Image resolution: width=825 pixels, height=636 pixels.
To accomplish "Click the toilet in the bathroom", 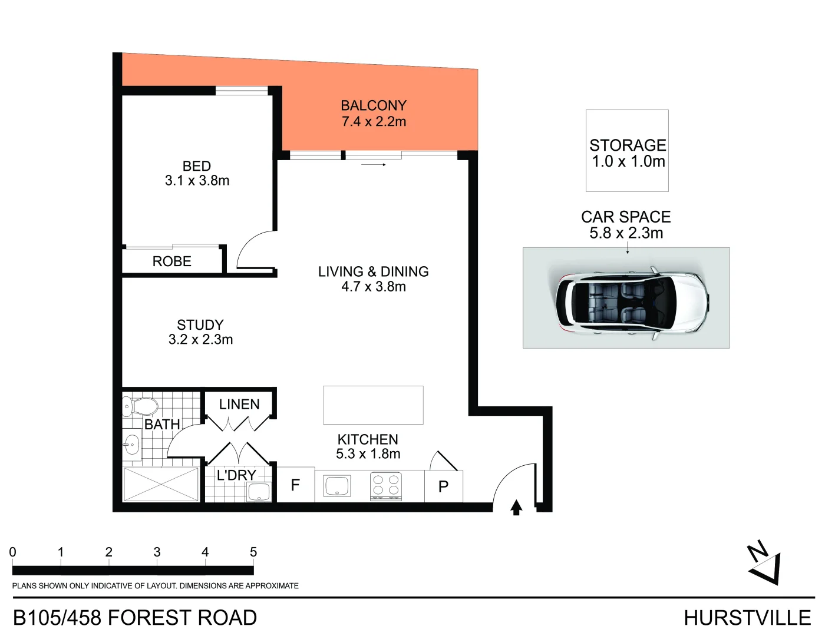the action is click(140, 407).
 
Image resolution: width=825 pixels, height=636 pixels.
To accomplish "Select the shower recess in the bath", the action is click(161, 484).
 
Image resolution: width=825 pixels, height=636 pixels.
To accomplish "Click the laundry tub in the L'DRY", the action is click(259, 492).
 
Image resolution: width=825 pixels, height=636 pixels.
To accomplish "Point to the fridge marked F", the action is click(296, 485).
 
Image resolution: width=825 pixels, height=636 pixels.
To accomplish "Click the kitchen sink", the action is click(336, 485).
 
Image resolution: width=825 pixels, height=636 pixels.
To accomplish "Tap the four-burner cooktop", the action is click(386, 486).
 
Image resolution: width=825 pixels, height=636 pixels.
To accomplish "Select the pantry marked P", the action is click(444, 486).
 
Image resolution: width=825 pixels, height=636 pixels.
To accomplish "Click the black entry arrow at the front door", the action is click(516, 508).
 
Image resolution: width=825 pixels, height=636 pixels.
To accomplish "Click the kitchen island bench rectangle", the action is click(373, 405).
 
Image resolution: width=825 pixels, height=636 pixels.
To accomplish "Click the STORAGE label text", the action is click(628, 145).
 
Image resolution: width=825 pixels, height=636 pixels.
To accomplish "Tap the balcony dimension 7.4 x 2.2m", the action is click(374, 122).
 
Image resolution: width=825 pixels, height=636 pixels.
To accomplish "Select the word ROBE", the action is click(172, 261).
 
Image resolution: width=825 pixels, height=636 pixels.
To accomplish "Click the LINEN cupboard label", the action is click(239, 405).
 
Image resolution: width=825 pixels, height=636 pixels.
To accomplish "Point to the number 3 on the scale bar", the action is click(157, 552).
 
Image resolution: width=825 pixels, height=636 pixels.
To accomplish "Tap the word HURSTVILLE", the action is click(747, 618).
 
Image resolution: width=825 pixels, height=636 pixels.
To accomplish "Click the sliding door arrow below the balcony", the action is click(374, 164).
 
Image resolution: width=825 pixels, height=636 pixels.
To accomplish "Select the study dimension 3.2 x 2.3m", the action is click(200, 339).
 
